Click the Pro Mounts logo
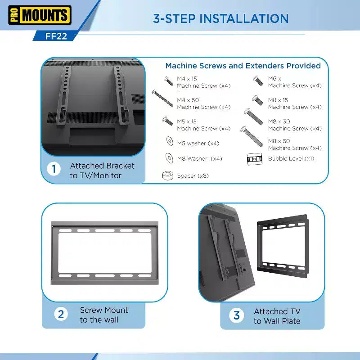[x=40, y=15]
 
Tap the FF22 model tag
[x=56, y=36]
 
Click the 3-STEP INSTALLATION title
[x=220, y=18]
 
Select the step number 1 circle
[x=54, y=169]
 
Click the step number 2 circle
[x=61, y=314]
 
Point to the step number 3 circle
[x=237, y=315]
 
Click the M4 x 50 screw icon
[x=162, y=98]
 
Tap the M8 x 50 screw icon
[x=252, y=136]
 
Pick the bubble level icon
[x=254, y=159]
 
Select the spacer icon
[x=168, y=175]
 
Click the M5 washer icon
[x=170, y=141]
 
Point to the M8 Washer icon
[x=170, y=158]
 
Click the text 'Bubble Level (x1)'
[x=291, y=159]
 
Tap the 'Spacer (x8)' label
[x=193, y=176]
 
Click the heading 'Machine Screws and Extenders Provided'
[x=243, y=66]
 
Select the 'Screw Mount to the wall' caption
[x=104, y=315]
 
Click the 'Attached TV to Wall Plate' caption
[x=277, y=316]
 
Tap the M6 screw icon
[x=258, y=81]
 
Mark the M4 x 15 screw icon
[x=168, y=81]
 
